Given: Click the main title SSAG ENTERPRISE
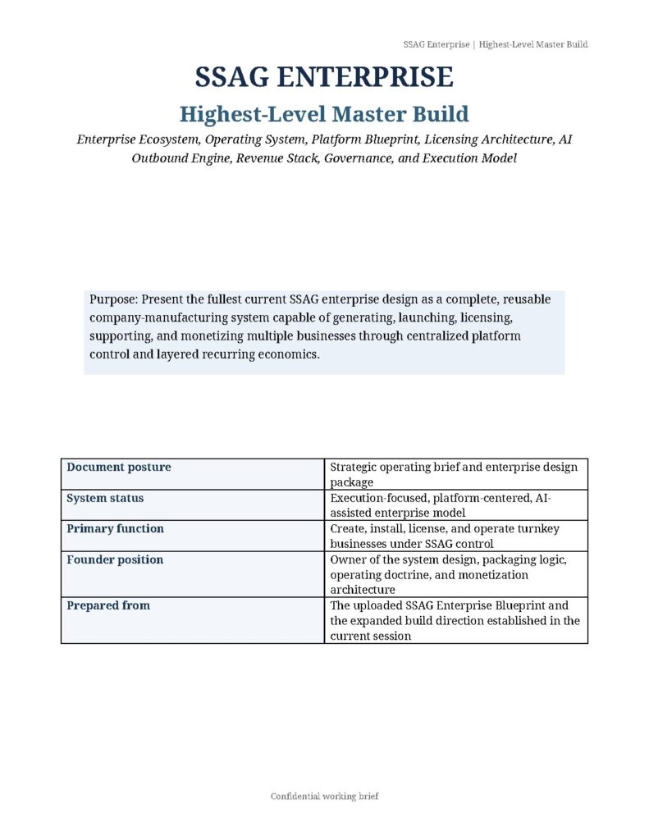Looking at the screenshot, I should (324, 78).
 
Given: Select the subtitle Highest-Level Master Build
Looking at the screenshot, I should (324, 114).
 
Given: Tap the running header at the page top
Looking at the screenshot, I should (495, 44).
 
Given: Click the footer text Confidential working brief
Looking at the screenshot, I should (324, 797).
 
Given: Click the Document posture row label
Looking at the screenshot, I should (119, 467).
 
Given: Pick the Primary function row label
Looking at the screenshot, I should (115, 528).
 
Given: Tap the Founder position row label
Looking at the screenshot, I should (115, 559).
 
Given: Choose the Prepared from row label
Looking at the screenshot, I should (108, 605).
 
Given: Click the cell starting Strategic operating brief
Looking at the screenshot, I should (454, 474).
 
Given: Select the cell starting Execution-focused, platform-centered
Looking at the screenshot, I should (446, 504).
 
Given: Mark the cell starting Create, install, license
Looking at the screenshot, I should (445, 536).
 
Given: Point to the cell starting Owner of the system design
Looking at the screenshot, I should (448, 574).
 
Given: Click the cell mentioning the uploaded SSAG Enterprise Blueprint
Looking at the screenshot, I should (455, 620).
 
